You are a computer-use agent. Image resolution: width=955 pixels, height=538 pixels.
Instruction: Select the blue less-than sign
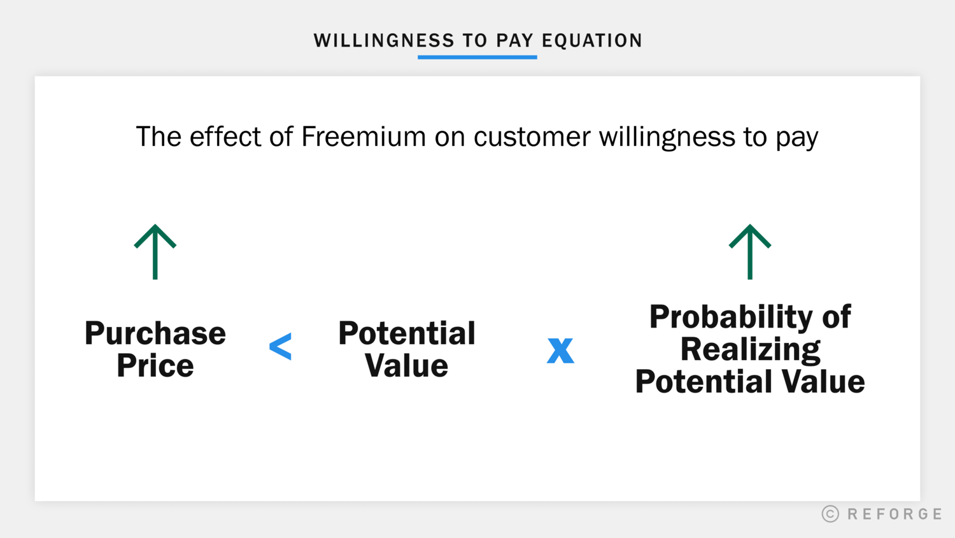[x=280, y=347]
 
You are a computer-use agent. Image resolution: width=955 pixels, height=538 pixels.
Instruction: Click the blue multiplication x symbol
[x=560, y=350]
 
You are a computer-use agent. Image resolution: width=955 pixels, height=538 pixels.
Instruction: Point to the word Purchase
[x=155, y=333]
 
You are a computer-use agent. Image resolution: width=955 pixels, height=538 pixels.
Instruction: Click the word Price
[x=155, y=366]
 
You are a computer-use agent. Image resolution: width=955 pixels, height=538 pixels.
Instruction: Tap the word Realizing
[x=750, y=349]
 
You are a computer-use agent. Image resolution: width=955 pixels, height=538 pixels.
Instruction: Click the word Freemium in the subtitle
[x=364, y=136]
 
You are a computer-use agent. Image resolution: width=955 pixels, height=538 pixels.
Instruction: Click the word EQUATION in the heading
[x=592, y=41]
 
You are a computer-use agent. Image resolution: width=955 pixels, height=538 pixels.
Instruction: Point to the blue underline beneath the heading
[x=478, y=57]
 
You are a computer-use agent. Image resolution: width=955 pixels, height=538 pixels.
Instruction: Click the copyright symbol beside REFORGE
[x=830, y=514]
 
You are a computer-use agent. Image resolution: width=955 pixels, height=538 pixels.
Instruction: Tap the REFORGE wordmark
[x=895, y=514]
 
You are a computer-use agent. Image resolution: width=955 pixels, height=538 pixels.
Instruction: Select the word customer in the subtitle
[x=532, y=136]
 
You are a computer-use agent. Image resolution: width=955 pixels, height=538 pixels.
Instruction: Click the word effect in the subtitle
[x=225, y=136]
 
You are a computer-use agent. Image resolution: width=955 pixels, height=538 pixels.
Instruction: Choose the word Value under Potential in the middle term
[x=406, y=366]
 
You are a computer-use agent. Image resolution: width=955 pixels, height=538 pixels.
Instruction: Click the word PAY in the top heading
[x=514, y=41]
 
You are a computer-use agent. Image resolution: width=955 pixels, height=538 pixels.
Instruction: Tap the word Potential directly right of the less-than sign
[x=406, y=333]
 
